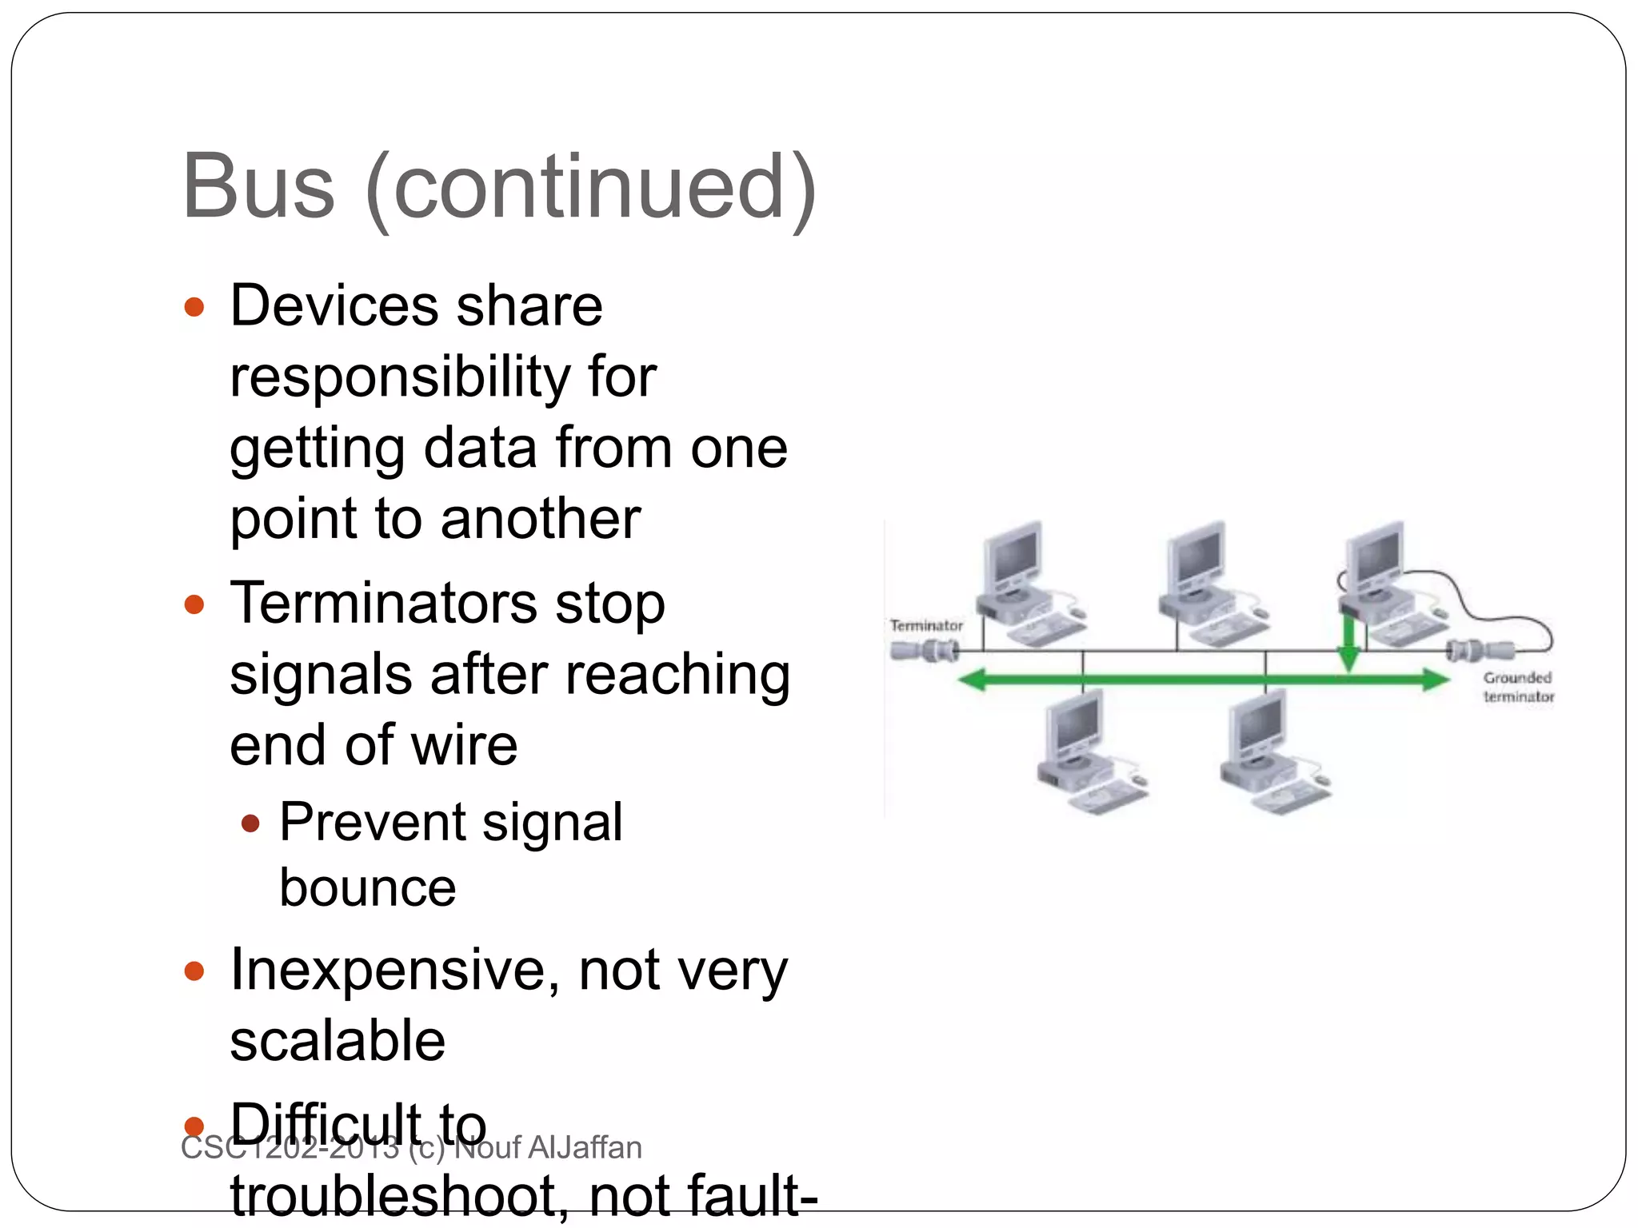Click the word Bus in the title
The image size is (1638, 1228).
(x=258, y=188)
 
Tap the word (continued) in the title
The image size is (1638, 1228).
(x=590, y=188)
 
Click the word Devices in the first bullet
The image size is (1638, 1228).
(x=334, y=306)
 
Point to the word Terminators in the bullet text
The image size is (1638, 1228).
(x=383, y=604)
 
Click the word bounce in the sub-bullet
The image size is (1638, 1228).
(x=367, y=888)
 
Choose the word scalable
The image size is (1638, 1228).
(x=338, y=1041)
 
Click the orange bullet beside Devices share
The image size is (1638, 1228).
(x=194, y=307)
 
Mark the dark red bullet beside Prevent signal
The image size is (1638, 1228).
(x=250, y=823)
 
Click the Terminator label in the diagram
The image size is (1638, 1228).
(x=926, y=626)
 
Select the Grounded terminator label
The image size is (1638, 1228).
(x=1518, y=687)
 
